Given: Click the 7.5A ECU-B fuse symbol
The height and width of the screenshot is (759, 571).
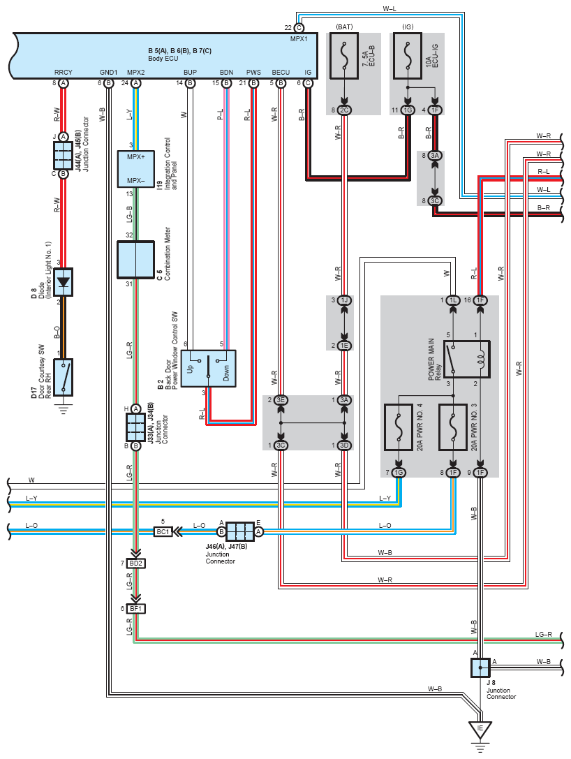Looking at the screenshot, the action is [x=344, y=56].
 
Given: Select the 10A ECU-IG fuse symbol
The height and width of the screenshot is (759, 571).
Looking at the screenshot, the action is [x=408, y=56].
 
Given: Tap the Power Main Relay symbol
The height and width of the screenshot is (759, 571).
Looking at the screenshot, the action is [x=467, y=359].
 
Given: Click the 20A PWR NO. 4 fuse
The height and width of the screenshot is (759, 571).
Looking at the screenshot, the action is [x=399, y=427].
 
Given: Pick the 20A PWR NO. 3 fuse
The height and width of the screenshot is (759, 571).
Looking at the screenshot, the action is [x=453, y=427].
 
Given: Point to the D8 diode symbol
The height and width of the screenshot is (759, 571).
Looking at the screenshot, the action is [x=64, y=282].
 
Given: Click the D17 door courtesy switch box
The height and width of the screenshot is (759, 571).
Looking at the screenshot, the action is [x=64, y=376].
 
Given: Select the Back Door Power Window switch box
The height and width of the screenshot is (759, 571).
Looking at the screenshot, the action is [x=209, y=369].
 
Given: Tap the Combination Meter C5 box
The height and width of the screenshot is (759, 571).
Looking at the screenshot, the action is [x=136, y=260].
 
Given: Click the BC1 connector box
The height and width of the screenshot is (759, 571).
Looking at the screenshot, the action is [x=163, y=531].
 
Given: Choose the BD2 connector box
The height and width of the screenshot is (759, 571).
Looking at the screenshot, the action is [x=136, y=563].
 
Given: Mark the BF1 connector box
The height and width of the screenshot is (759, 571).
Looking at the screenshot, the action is [x=136, y=608].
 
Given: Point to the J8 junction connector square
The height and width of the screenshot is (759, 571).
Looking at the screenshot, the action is [x=480, y=668].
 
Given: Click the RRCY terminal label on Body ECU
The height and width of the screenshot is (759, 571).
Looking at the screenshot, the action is [x=64, y=72].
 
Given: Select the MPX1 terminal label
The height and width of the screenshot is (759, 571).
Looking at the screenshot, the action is [x=299, y=38].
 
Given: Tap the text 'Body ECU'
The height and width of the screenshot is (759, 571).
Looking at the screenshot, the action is [x=163, y=59].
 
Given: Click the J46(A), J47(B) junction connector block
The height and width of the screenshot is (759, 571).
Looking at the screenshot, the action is [x=240, y=531].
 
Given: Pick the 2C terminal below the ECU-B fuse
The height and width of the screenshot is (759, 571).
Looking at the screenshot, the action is [x=344, y=110].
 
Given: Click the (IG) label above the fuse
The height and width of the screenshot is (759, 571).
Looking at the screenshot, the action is [x=408, y=27].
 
